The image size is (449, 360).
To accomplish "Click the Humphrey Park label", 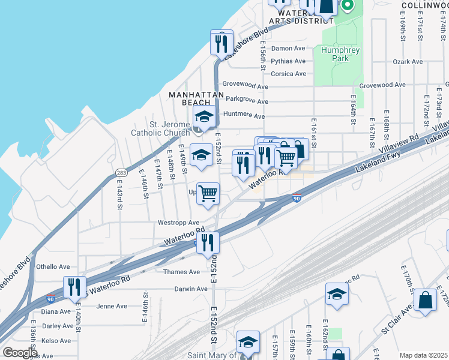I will tap(340, 55).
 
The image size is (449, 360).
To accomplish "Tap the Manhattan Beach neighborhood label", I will tap(196, 98).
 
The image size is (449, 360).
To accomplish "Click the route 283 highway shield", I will tap(121, 173).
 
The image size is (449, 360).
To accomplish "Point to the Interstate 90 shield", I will tap(297, 198).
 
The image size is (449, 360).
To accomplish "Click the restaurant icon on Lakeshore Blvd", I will tap(221, 43).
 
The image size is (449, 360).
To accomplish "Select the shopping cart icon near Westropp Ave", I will tap(208, 194).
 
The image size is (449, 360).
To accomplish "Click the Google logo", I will tap(20, 353).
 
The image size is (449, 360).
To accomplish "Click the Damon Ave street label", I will tap(288, 49).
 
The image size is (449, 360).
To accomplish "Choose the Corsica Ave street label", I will tap(288, 74).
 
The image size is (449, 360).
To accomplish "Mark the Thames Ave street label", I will tap(181, 272).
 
